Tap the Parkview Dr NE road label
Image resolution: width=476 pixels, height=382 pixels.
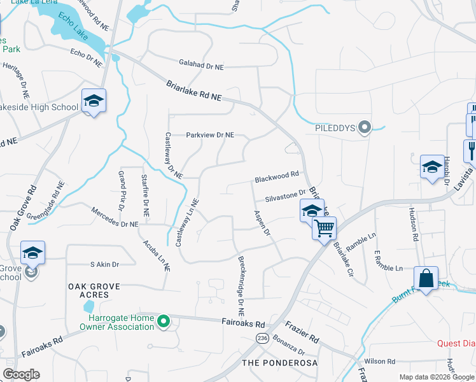click(210, 135)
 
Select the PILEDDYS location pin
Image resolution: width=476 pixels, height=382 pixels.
click(365, 128)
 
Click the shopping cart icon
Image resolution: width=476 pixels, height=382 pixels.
click(325, 227)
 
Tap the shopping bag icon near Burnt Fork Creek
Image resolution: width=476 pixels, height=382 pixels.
click(425, 278)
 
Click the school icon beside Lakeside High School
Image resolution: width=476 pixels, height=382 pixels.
click(94, 101)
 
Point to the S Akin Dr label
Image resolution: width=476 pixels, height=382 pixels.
click(104, 264)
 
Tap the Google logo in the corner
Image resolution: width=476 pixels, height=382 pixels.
click(21, 374)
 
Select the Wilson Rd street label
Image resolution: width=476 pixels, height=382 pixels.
click(380, 361)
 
